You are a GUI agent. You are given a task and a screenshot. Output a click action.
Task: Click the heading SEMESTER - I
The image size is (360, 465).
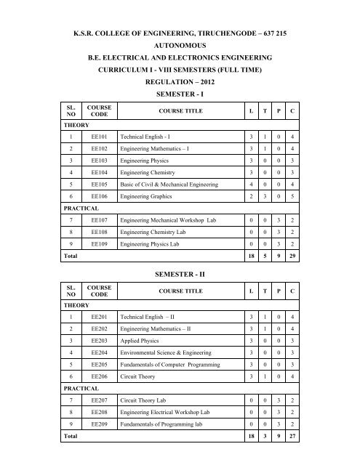[x=180, y=96]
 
